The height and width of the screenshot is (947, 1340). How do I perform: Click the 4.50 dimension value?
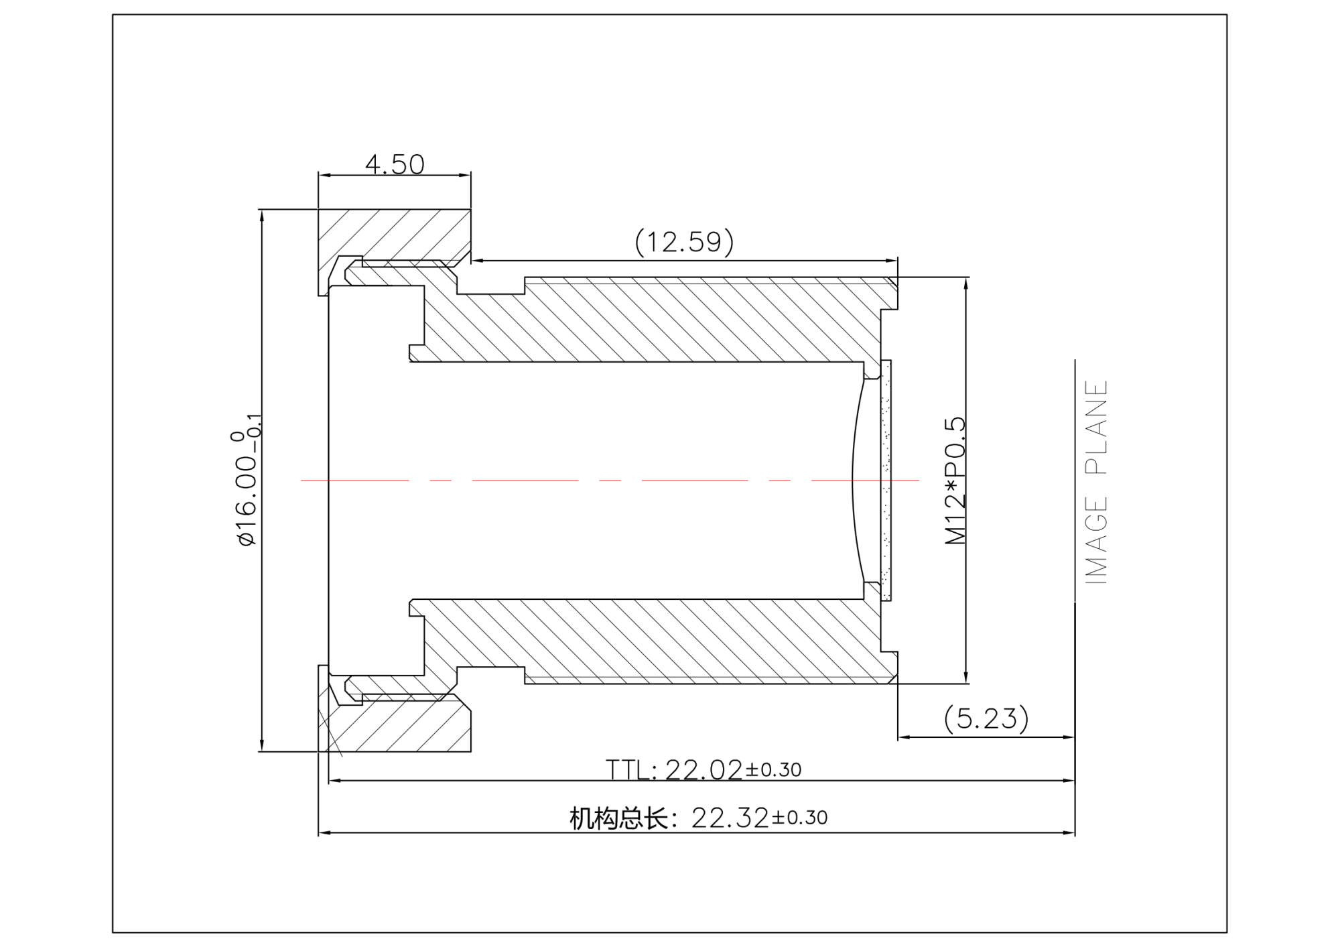(395, 164)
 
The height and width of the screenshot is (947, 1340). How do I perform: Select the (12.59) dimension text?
(684, 242)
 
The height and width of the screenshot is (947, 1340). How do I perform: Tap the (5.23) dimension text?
(986, 718)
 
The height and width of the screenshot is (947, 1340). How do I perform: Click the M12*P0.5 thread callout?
(955, 481)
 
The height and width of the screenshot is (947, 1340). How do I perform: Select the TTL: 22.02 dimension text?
(673, 770)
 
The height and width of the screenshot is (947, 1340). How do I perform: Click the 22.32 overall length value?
(730, 818)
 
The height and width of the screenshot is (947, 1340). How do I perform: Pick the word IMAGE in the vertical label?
(1096, 540)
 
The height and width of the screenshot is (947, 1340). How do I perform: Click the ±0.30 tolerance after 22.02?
(774, 770)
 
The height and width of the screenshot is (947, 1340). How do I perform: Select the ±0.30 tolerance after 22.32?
(800, 818)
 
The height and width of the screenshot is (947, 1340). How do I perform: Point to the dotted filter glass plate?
(886, 480)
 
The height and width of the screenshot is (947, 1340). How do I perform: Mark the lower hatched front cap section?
(402, 727)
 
